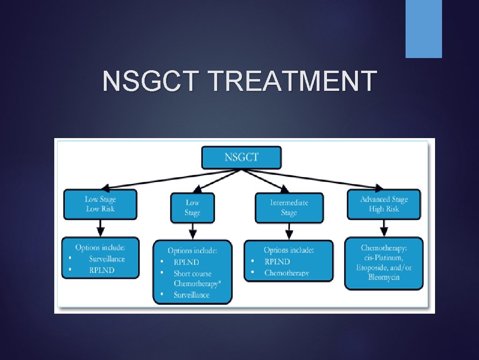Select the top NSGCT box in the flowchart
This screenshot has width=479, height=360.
pos(241,157)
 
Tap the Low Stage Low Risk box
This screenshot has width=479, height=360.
pos(100,204)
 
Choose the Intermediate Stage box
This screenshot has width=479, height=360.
pos(289,207)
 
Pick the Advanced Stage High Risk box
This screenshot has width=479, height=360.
pos(384,204)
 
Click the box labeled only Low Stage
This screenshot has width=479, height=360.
pos(192,207)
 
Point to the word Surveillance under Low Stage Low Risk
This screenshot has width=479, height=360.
pos(107,259)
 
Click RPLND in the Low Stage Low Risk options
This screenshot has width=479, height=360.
pos(102,270)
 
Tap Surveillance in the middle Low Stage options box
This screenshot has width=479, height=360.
pos(191,295)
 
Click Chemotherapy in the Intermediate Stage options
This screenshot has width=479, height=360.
pos(286,273)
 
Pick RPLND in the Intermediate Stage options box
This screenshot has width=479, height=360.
pos(277,262)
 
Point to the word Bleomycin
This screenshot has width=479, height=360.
pos(384,277)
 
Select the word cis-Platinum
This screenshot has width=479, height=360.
pos(384,257)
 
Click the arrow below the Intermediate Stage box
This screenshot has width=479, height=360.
pos(289,231)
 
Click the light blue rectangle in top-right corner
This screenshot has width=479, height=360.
pos(423,29)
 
